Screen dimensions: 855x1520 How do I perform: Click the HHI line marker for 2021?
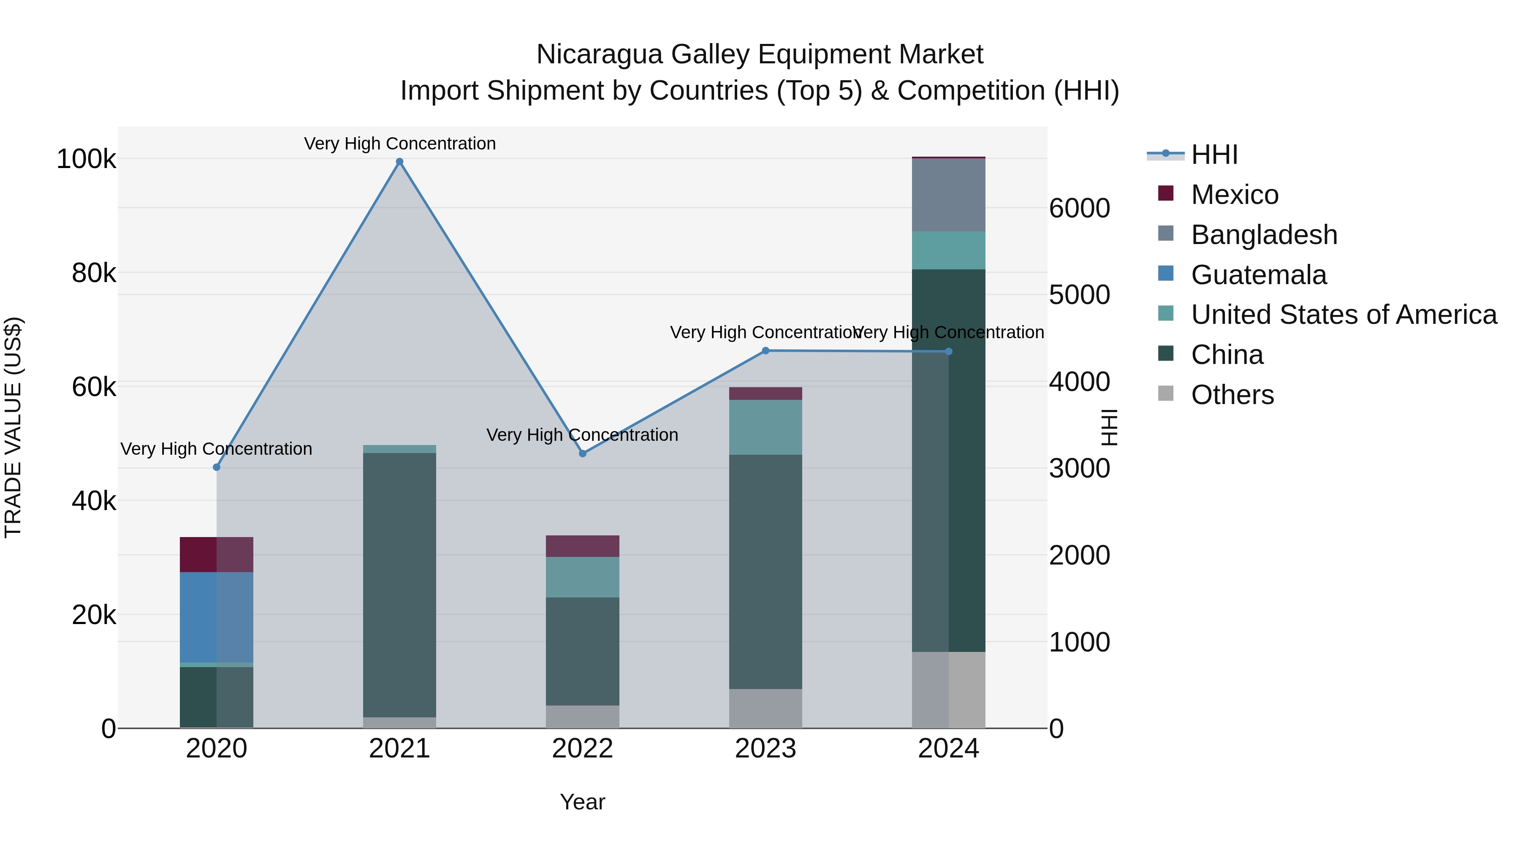click(x=399, y=162)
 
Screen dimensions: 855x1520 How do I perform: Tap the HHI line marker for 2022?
click(x=582, y=453)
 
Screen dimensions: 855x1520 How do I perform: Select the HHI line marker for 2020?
click(x=217, y=467)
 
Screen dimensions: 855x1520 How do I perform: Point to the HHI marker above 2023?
click(x=765, y=350)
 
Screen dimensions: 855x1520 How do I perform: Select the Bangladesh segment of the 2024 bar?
click(x=948, y=195)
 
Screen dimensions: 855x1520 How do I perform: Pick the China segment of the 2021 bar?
click(x=399, y=584)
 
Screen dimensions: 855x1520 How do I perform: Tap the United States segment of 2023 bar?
click(x=765, y=427)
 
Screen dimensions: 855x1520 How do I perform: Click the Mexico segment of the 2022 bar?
click(x=582, y=546)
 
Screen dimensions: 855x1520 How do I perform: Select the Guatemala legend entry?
click(x=1259, y=275)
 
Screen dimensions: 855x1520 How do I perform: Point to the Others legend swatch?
click(x=1166, y=394)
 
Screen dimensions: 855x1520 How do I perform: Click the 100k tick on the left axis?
click(x=86, y=159)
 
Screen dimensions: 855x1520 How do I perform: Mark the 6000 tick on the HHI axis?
click(x=1079, y=208)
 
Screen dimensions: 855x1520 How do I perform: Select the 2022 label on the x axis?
click(x=582, y=749)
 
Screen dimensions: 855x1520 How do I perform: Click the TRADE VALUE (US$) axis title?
click(x=13, y=427)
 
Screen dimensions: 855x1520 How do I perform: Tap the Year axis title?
click(x=582, y=802)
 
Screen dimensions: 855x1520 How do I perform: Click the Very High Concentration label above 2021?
click(x=399, y=144)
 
